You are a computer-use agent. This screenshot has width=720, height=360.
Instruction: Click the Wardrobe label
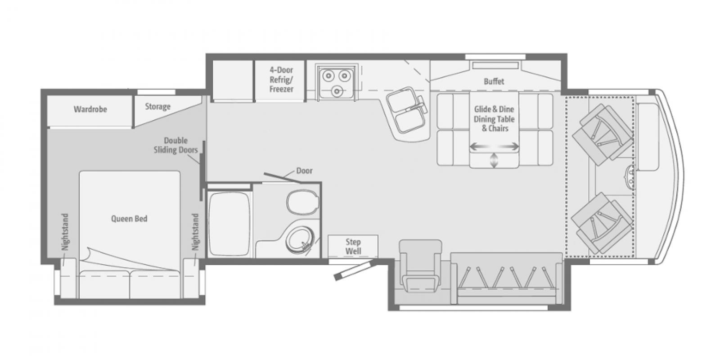pos(90,109)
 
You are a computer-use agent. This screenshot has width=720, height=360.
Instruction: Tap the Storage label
pos(157,107)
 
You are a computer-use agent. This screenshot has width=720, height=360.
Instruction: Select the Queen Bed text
pos(129,219)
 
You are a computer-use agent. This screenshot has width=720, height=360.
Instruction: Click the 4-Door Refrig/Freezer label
pos(281,80)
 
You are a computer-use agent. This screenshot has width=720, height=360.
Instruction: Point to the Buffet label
pos(494,81)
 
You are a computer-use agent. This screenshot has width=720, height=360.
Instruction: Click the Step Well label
pos(353,247)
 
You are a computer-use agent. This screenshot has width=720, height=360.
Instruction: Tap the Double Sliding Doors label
pos(175,145)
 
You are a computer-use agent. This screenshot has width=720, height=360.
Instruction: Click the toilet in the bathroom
pos(302,202)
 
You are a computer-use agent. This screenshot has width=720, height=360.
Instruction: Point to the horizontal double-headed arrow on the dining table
pos(494,147)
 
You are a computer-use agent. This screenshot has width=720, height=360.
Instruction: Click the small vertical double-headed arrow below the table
pos(494,160)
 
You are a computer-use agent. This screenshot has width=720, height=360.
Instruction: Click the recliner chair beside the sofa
pos(420,265)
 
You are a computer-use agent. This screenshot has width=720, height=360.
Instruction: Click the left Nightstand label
pos(66,232)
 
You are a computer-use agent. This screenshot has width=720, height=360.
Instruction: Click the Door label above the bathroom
pos(304,171)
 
